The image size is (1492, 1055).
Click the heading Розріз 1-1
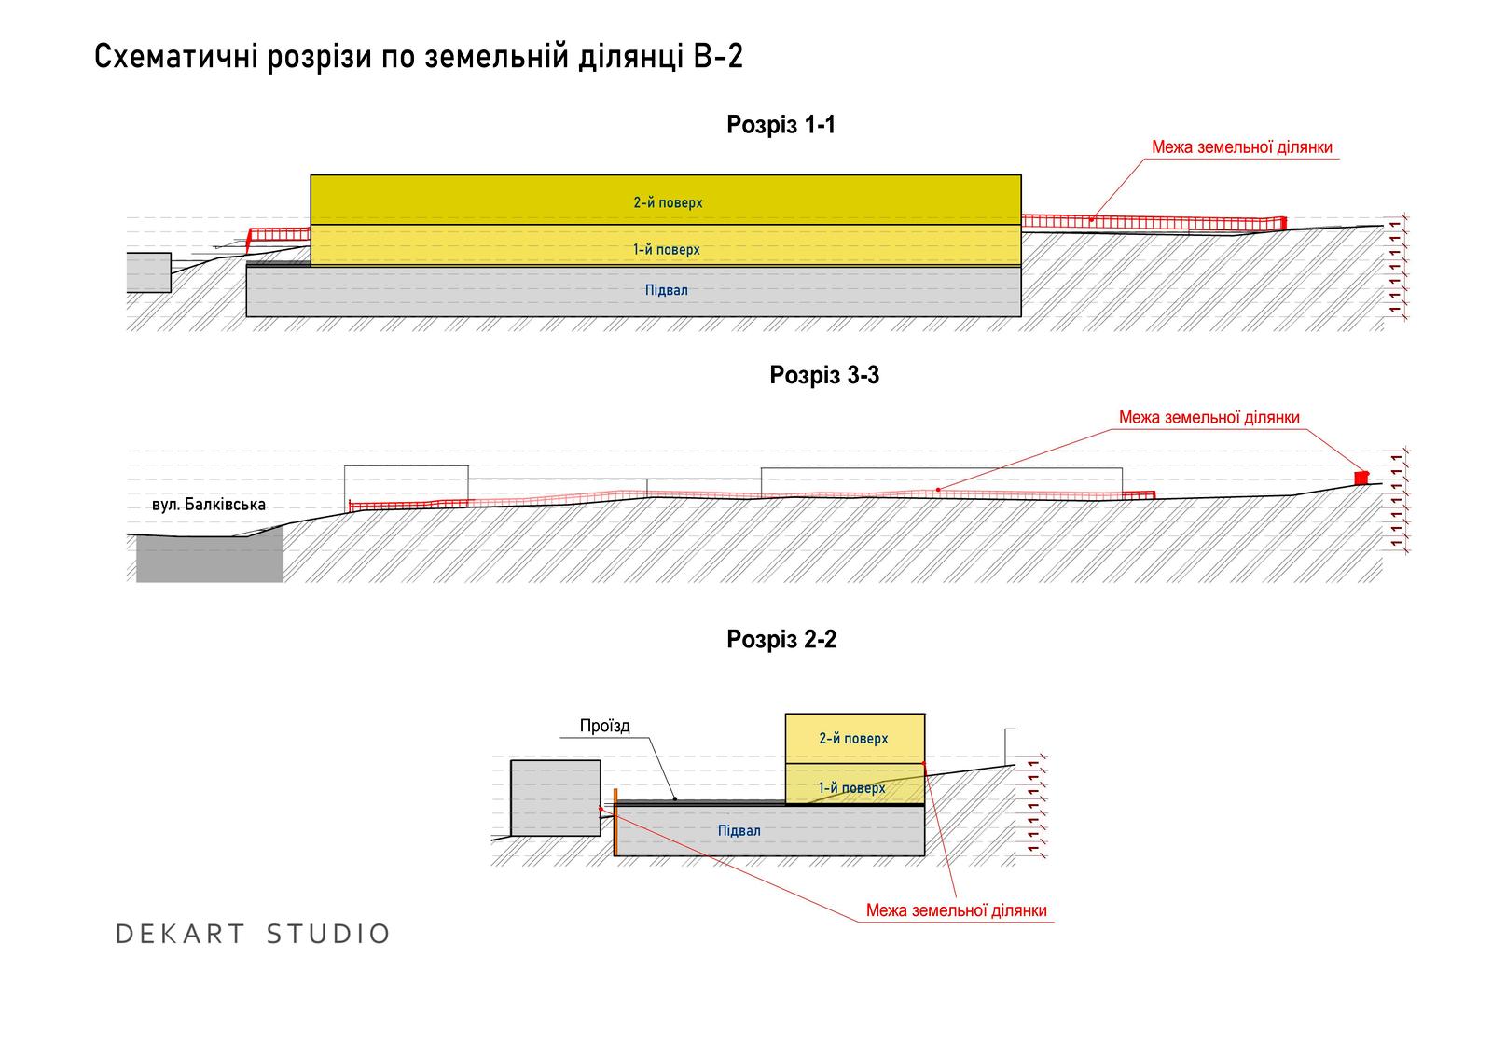pyautogui.click(x=781, y=125)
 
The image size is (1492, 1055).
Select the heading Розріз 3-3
pyautogui.click(x=824, y=375)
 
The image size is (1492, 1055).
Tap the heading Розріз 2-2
pyautogui.click(x=781, y=639)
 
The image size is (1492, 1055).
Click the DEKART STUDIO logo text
pyautogui.click(x=253, y=934)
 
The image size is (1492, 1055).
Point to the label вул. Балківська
pyautogui.click(x=209, y=505)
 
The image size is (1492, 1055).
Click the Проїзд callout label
pyautogui.click(x=604, y=726)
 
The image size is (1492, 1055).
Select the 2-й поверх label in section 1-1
pyautogui.click(x=668, y=202)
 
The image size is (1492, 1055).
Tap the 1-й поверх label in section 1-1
pyautogui.click(x=666, y=250)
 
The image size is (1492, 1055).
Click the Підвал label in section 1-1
pyautogui.click(x=666, y=291)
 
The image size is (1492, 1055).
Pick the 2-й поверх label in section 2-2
pyautogui.click(x=853, y=739)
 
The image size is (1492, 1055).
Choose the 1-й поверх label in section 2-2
pyautogui.click(x=852, y=788)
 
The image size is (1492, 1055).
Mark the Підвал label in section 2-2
pyautogui.click(x=739, y=831)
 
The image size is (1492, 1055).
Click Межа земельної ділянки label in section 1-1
pyautogui.click(x=1241, y=147)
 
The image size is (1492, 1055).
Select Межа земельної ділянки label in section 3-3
pyautogui.click(x=1209, y=418)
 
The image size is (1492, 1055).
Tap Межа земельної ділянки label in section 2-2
pyautogui.click(x=956, y=910)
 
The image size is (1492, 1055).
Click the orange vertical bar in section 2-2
pyautogui.click(x=615, y=822)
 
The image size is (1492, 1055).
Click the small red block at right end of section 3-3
pyautogui.click(x=1361, y=478)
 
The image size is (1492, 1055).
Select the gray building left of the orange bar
pyautogui.click(x=556, y=798)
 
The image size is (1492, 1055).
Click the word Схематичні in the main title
pyautogui.click(x=176, y=57)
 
